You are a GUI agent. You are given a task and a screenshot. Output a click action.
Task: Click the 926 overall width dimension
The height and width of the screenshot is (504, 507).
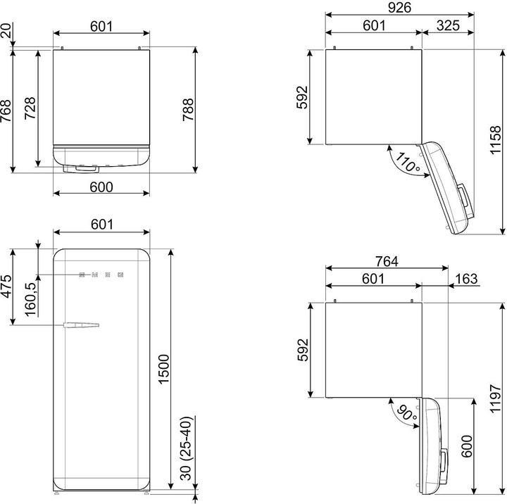(399, 8)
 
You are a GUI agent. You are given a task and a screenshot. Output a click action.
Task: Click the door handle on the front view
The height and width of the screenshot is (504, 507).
(81, 325)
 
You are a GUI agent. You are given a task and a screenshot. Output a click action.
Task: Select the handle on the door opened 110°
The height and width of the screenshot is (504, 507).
(464, 200)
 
